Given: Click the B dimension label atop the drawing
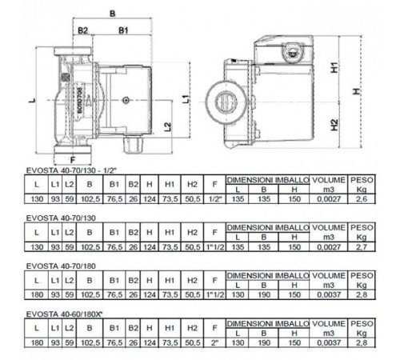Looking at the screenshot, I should [x=112, y=14].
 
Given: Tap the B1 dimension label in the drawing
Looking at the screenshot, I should [x=124, y=30].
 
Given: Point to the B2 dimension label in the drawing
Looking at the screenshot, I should [x=82, y=30].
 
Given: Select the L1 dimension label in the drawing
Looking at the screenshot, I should [x=186, y=99].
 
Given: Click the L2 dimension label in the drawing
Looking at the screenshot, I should [x=166, y=127].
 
